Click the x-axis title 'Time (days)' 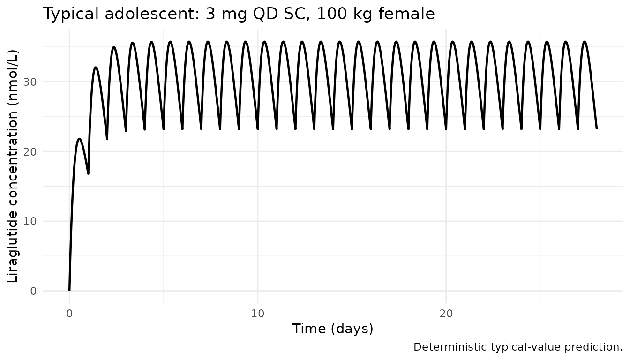[x=333, y=329]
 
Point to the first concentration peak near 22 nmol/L [x=79, y=139]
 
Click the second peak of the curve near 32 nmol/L [x=96, y=67]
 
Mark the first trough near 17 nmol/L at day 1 [x=88, y=173]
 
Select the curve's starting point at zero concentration [x=69, y=291]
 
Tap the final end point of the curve [x=597, y=128]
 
